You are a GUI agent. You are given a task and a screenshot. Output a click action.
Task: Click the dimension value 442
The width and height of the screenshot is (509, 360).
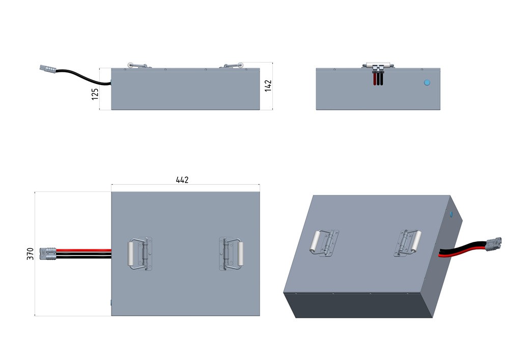182,180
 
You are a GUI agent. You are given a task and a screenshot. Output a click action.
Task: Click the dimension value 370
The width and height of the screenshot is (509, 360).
30,254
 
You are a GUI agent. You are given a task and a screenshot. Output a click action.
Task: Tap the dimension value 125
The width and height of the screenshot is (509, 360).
95,93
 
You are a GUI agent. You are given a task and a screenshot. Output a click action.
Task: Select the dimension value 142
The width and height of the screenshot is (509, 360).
268,85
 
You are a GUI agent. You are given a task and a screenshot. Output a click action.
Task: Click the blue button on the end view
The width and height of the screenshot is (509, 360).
427,82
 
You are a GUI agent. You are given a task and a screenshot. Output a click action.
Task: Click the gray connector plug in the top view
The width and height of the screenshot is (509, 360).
49,253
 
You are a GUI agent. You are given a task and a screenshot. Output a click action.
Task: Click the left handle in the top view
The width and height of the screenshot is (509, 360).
138,254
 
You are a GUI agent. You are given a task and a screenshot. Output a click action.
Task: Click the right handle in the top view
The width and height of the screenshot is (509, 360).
233,253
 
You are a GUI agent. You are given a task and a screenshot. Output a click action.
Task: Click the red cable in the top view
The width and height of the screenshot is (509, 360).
84,250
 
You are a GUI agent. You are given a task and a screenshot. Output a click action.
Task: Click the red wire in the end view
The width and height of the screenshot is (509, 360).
374,79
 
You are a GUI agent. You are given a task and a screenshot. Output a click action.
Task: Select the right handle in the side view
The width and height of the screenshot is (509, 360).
233,65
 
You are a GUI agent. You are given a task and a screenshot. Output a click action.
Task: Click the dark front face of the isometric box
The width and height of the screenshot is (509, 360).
356,306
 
